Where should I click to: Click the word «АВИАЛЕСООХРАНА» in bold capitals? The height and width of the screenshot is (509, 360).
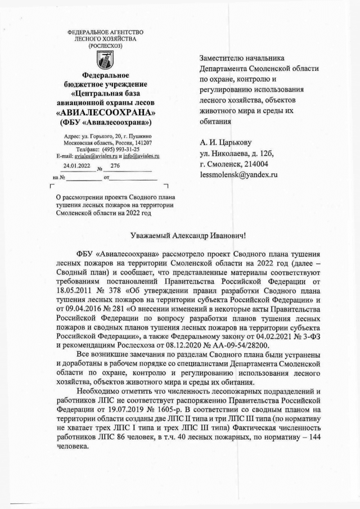click(x=105, y=111)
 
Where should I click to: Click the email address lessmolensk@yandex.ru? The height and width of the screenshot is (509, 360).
click(x=239, y=175)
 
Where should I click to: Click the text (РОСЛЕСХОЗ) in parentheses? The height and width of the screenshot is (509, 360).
click(x=105, y=46)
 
